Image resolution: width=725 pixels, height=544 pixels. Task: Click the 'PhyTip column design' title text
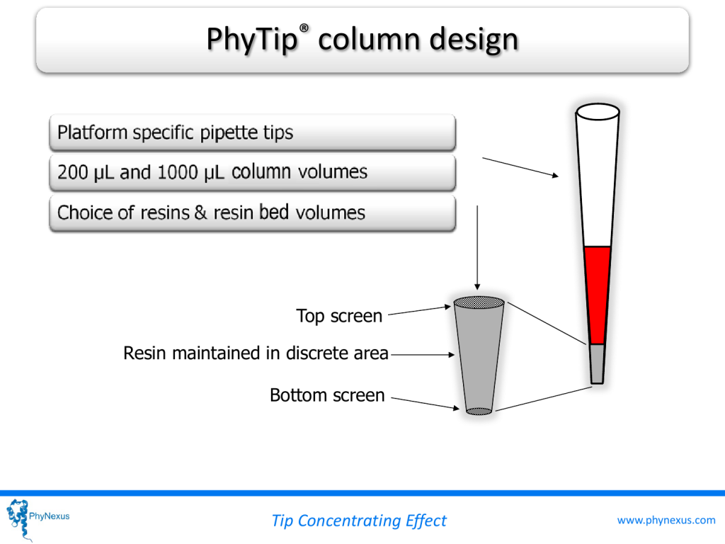click(362, 40)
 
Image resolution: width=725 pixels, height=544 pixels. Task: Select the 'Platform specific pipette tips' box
click(253, 132)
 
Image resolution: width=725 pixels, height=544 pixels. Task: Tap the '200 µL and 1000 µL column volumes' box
click(253, 172)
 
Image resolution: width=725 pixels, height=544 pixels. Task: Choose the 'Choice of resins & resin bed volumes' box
click(253, 212)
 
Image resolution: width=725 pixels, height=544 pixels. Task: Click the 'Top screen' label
click(339, 316)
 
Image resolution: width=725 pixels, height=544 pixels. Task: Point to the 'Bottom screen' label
click(327, 395)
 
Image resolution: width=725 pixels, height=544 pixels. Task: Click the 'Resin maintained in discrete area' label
click(256, 353)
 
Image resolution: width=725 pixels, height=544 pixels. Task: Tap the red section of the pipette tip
click(598, 295)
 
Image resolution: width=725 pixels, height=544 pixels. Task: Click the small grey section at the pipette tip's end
click(598, 363)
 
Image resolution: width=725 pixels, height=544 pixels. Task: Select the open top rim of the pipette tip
click(598, 111)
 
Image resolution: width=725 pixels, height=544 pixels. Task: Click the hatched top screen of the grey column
click(479, 302)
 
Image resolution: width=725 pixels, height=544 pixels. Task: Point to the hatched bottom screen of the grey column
click(479, 411)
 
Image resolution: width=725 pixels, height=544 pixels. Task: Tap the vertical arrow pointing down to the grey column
click(477, 247)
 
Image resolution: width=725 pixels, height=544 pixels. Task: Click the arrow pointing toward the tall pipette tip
click(520, 167)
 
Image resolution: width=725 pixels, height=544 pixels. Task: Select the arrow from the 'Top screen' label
click(419, 310)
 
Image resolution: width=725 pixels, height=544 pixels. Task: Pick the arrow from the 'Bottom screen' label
click(426, 403)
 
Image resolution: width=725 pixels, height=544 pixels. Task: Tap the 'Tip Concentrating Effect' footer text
click(359, 521)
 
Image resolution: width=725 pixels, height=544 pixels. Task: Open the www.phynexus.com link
click(666, 521)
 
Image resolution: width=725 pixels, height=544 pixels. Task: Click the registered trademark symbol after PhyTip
click(304, 28)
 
